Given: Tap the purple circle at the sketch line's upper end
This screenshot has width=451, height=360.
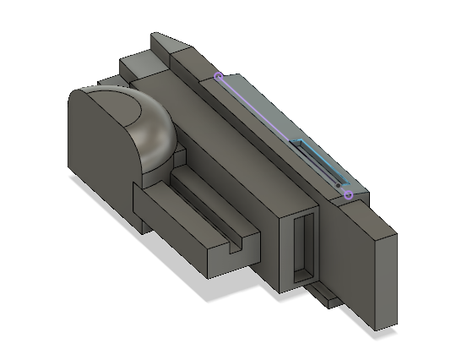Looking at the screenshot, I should click(219, 77).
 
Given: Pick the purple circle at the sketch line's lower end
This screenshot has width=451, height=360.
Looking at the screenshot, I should click(348, 195).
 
